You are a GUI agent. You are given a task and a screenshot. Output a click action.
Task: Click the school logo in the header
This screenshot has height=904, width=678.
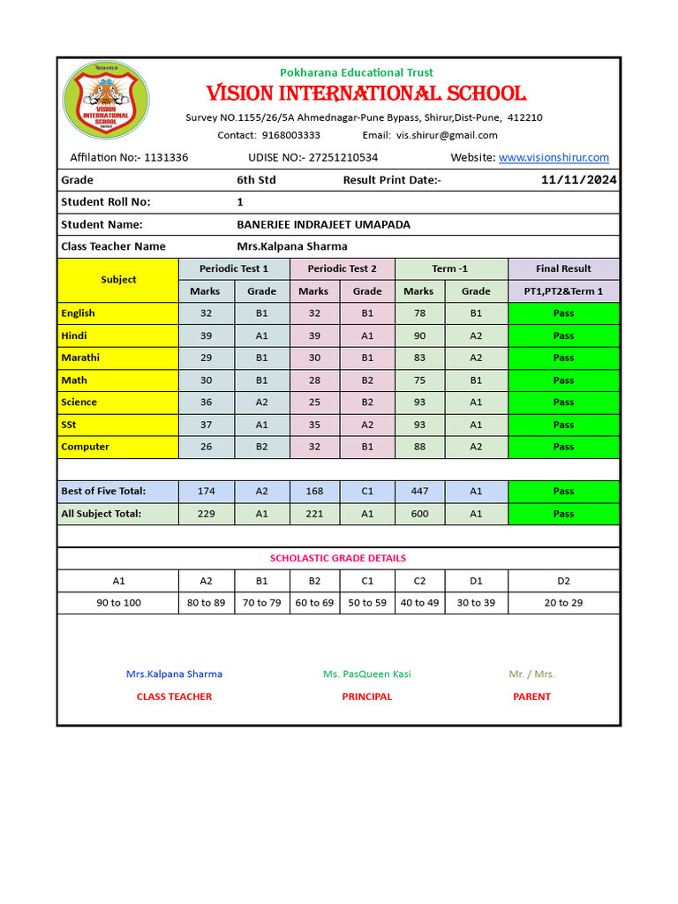coord(106,100)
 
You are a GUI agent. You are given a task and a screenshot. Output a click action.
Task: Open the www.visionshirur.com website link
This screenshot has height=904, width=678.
coord(554,157)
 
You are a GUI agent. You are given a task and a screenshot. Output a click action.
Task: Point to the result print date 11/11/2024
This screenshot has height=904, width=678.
coord(578,180)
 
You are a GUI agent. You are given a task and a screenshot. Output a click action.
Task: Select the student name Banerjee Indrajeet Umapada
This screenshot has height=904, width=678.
coord(323,224)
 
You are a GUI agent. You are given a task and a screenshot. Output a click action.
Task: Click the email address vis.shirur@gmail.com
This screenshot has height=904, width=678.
coord(447,135)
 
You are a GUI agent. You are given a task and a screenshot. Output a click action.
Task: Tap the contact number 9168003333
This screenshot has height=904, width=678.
coord(291,135)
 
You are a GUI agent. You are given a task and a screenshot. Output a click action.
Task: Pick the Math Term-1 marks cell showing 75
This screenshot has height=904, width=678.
coord(418,380)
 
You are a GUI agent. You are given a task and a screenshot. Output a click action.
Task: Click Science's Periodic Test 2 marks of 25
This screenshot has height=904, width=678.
coord(313,403)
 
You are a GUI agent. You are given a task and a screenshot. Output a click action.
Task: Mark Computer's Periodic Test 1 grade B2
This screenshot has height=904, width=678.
coord(261,447)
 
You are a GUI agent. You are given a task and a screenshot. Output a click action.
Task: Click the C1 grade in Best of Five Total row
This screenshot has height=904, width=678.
coord(367,491)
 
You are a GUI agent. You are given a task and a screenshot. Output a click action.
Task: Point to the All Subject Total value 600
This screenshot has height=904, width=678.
coord(418,514)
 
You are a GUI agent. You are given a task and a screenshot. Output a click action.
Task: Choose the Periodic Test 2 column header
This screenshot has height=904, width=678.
coord(342,268)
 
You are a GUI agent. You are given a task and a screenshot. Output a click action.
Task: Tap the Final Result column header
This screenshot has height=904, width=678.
coord(563,268)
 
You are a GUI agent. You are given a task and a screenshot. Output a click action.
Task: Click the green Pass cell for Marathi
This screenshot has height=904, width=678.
coord(563,358)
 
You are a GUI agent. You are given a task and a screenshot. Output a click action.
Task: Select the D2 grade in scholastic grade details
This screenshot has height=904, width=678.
coord(563,581)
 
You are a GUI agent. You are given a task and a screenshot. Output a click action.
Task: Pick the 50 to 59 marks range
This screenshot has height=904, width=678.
coord(367,603)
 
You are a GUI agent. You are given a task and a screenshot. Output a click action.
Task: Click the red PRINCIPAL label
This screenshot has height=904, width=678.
coord(366,697)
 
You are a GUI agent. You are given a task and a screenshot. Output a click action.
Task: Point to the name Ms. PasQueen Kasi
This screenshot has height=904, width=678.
coord(366,674)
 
